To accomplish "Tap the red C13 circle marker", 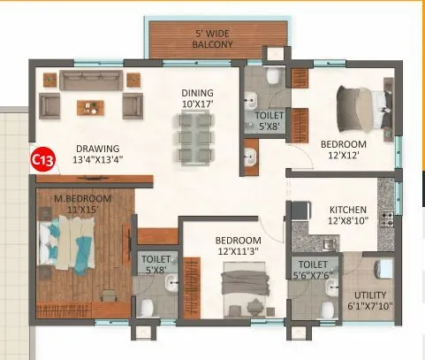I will click(x=40, y=160).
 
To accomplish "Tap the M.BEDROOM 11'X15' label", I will click(x=83, y=204).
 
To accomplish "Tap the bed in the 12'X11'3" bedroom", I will click(x=239, y=293).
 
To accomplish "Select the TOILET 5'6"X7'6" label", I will click(x=314, y=269).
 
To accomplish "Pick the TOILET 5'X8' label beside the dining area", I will click(x=269, y=121).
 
